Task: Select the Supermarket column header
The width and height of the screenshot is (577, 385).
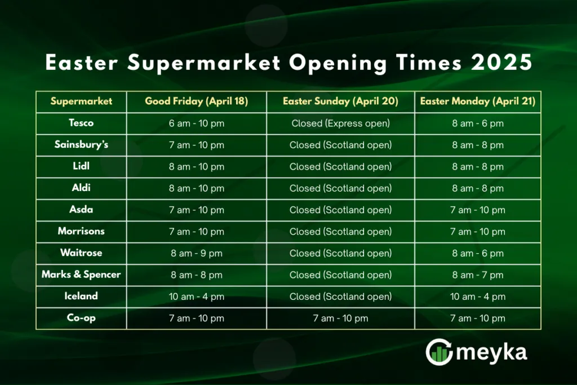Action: click(x=81, y=101)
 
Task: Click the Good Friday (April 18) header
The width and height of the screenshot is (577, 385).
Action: click(x=197, y=101)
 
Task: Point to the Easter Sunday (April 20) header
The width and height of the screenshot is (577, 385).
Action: click(x=340, y=101)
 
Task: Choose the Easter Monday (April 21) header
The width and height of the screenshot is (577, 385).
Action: click(x=478, y=101)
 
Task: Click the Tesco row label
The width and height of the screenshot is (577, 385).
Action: click(x=81, y=123)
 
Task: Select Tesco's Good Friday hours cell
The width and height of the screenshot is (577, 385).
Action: click(x=197, y=123)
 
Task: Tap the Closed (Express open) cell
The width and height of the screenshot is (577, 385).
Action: click(x=340, y=123)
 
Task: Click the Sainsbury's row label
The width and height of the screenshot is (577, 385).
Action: click(x=81, y=145)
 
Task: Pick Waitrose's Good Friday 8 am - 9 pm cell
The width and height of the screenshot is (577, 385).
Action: click(x=197, y=253)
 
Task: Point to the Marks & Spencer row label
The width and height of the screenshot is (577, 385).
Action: click(x=81, y=275)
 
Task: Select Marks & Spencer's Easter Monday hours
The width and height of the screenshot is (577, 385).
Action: click(x=478, y=275)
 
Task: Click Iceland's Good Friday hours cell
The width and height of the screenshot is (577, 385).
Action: click(x=197, y=297)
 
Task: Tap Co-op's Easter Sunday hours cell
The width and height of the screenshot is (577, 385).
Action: click(x=340, y=318)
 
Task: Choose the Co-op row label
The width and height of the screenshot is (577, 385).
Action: click(x=81, y=318)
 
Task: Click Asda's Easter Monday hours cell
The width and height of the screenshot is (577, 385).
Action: click(x=478, y=210)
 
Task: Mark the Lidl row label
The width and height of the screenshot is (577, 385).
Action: click(x=81, y=166)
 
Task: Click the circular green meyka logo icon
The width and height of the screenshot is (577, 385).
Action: click(x=440, y=352)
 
